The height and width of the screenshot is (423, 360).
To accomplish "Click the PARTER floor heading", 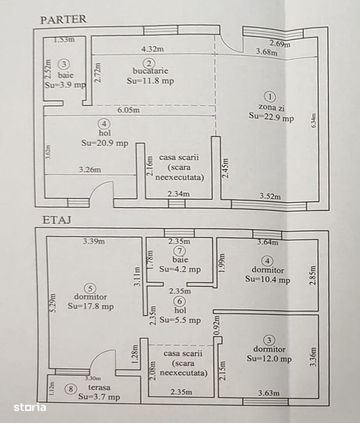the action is click(x=63, y=20).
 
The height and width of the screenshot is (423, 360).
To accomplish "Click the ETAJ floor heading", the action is click(x=57, y=220).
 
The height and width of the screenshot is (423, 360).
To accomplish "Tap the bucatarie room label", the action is click(x=151, y=71).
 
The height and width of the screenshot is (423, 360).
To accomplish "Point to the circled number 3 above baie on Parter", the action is click(x=64, y=64).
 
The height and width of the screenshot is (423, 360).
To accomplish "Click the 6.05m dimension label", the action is click(x=128, y=110).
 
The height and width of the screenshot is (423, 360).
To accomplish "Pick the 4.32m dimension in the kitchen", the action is click(x=153, y=49).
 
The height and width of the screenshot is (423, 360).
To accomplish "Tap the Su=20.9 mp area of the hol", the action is click(x=105, y=143).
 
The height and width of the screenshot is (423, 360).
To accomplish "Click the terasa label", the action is click(x=99, y=388).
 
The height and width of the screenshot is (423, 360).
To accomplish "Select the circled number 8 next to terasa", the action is click(x=71, y=389).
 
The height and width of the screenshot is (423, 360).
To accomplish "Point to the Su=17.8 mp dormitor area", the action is click(x=91, y=307).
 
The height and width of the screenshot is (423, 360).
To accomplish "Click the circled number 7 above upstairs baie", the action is click(x=180, y=251).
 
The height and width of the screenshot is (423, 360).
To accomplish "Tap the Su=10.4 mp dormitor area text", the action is click(x=268, y=279).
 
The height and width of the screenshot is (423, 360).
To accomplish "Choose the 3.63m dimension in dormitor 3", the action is click(x=269, y=393).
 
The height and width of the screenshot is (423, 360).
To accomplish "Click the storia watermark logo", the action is click(x=30, y=407).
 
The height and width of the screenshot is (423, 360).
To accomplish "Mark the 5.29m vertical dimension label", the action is click(x=53, y=303).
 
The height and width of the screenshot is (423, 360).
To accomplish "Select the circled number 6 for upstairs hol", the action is click(x=180, y=301).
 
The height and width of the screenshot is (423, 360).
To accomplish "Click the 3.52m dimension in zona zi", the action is click(x=270, y=196).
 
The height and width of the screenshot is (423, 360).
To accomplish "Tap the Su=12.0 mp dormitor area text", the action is click(x=269, y=359).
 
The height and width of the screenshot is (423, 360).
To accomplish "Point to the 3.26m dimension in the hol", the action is click(x=90, y=170).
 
